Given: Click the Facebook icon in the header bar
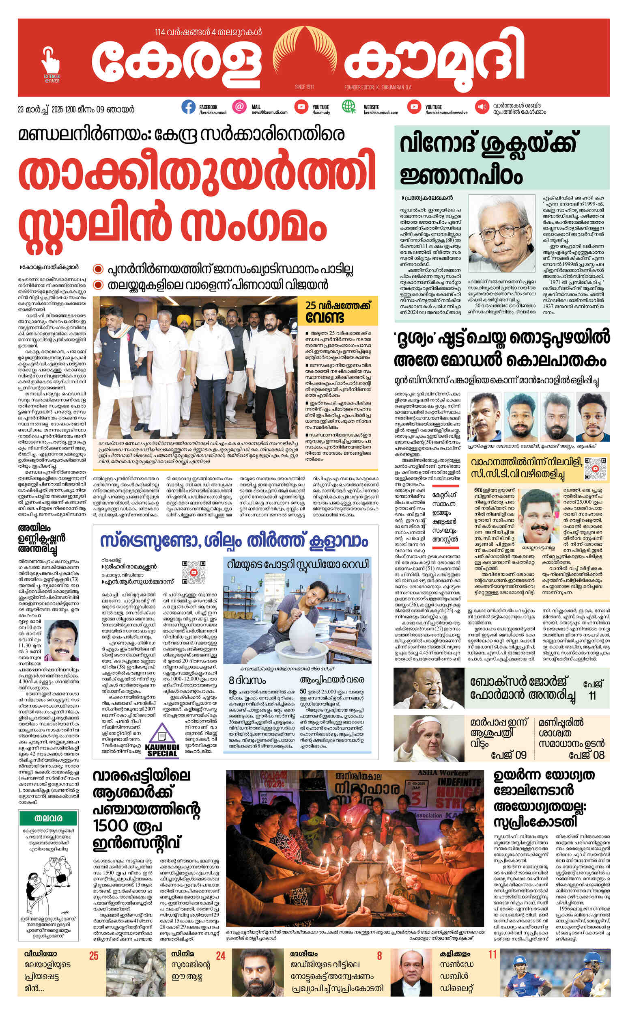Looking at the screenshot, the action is [x=188, y=107].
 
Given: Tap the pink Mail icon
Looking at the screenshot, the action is [x=239, y=107].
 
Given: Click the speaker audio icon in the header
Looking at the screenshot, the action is [x=482, y=107].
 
